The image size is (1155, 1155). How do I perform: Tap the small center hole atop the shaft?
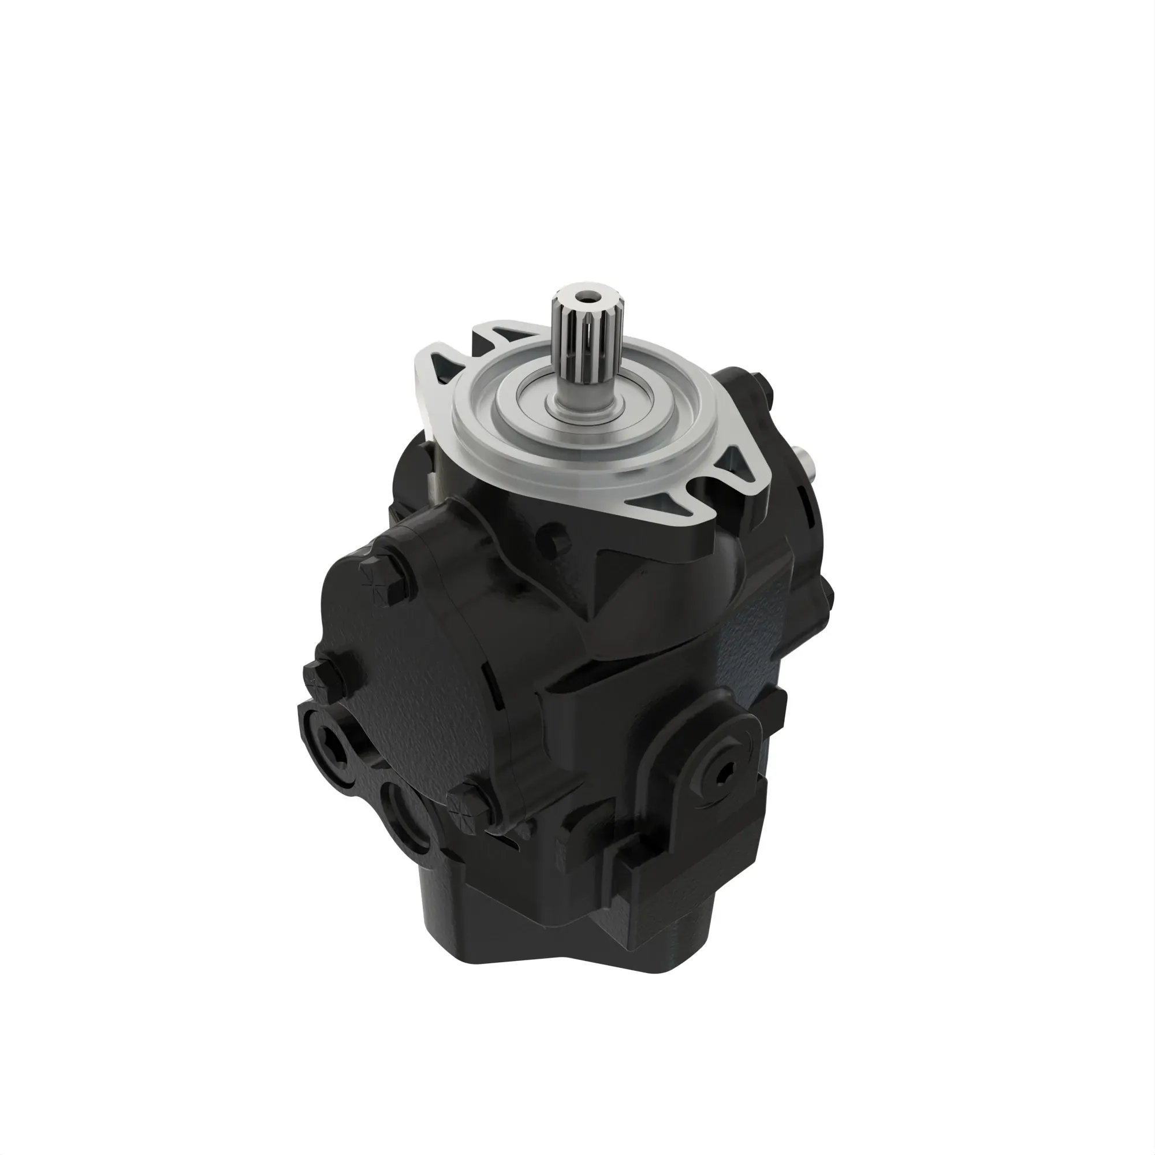tap(584, 296)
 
